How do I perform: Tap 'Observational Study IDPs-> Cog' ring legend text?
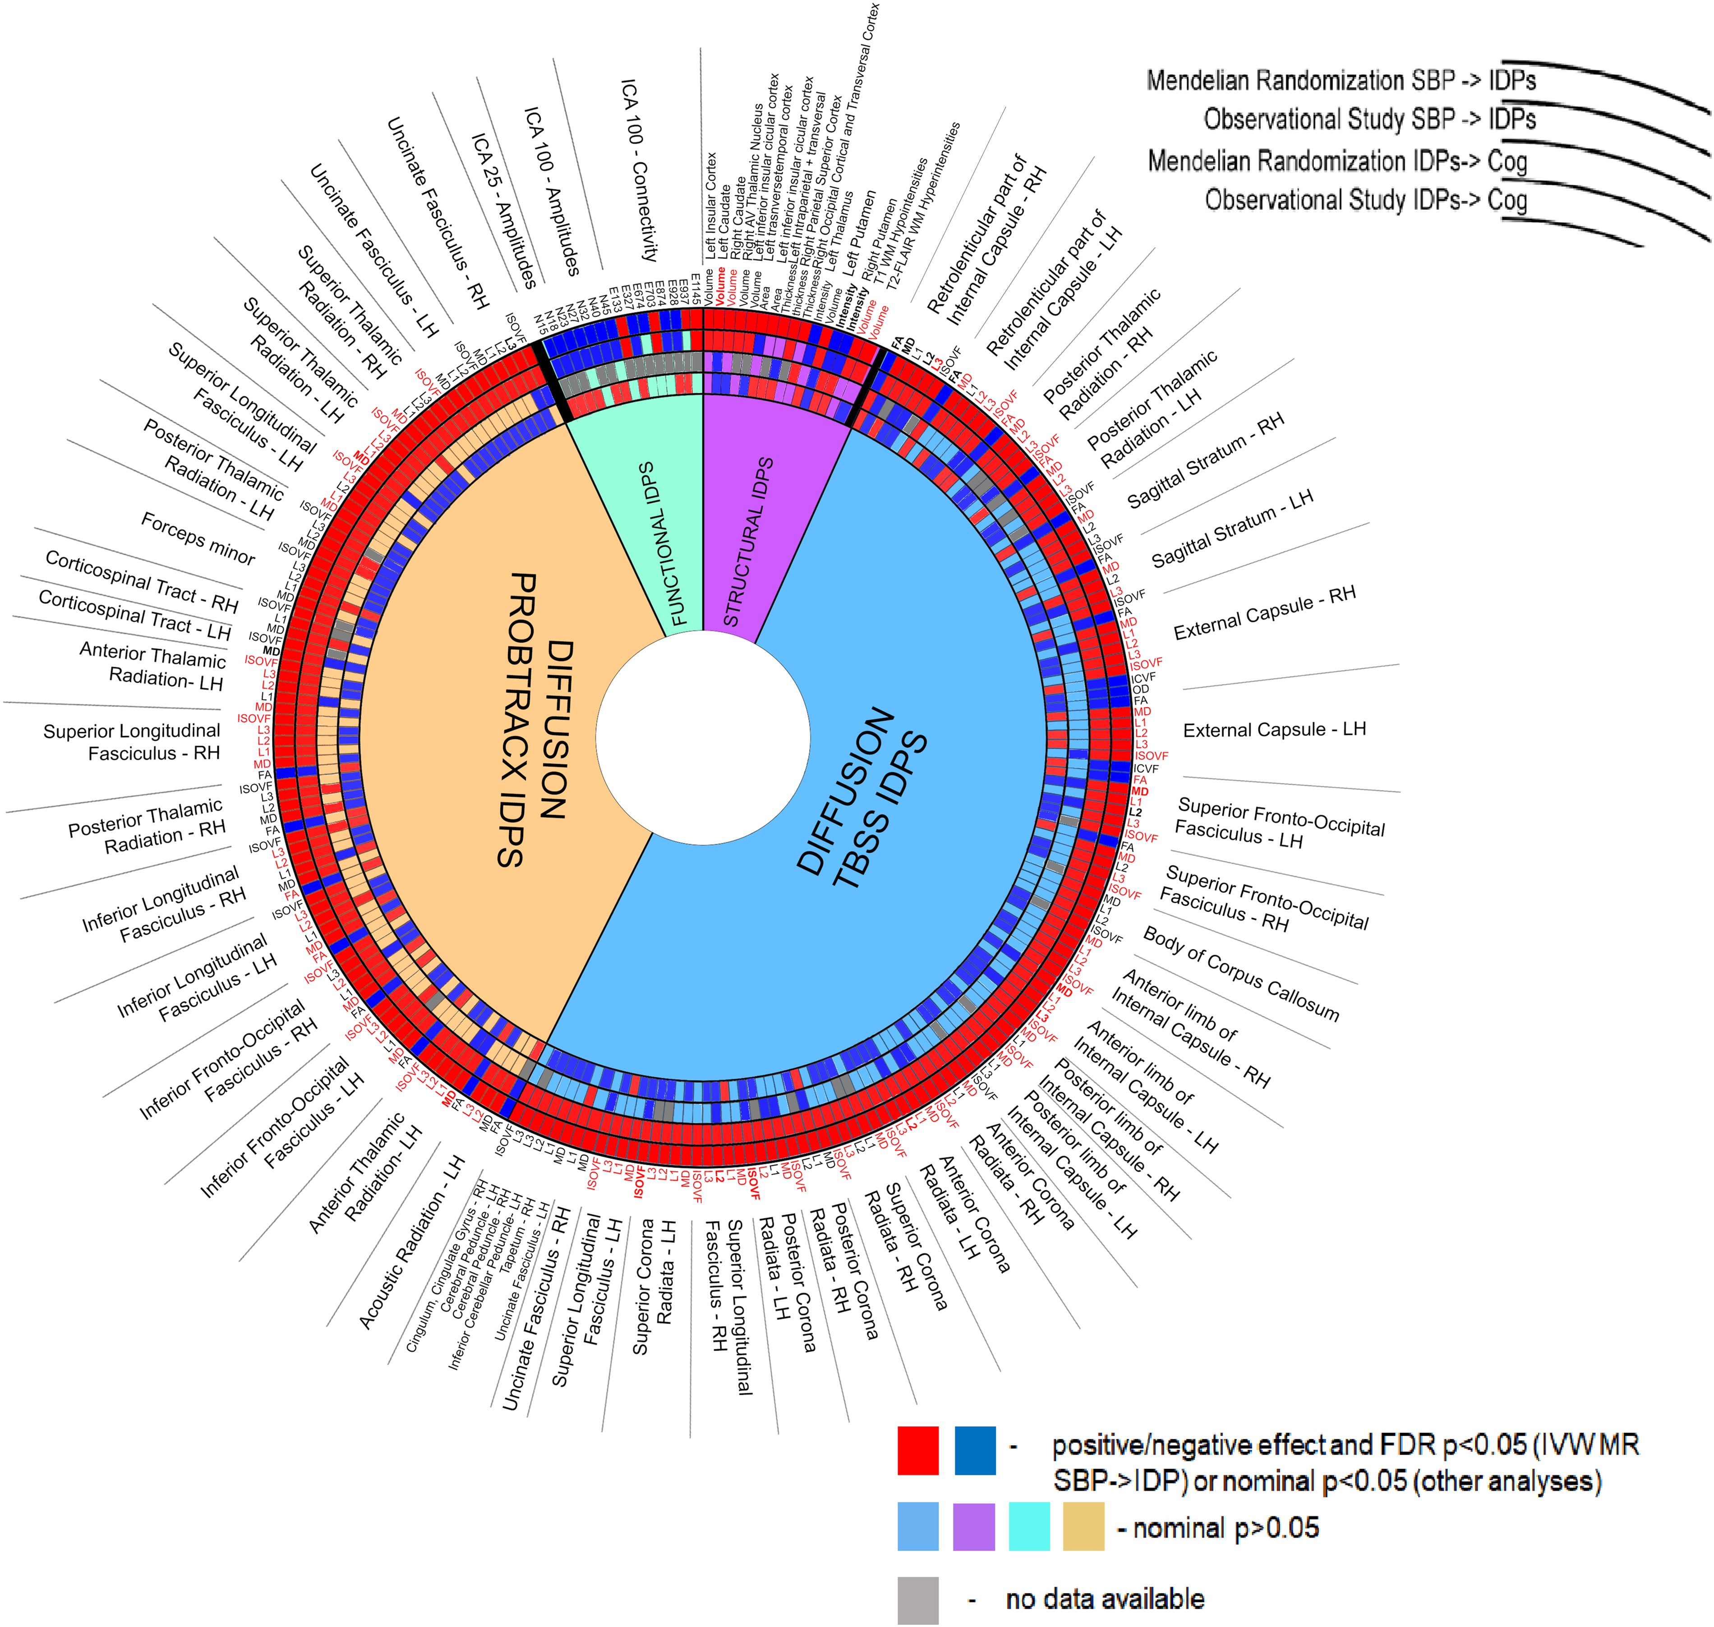pos(1366,200)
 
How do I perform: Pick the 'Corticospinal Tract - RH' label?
pos(141,582)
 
